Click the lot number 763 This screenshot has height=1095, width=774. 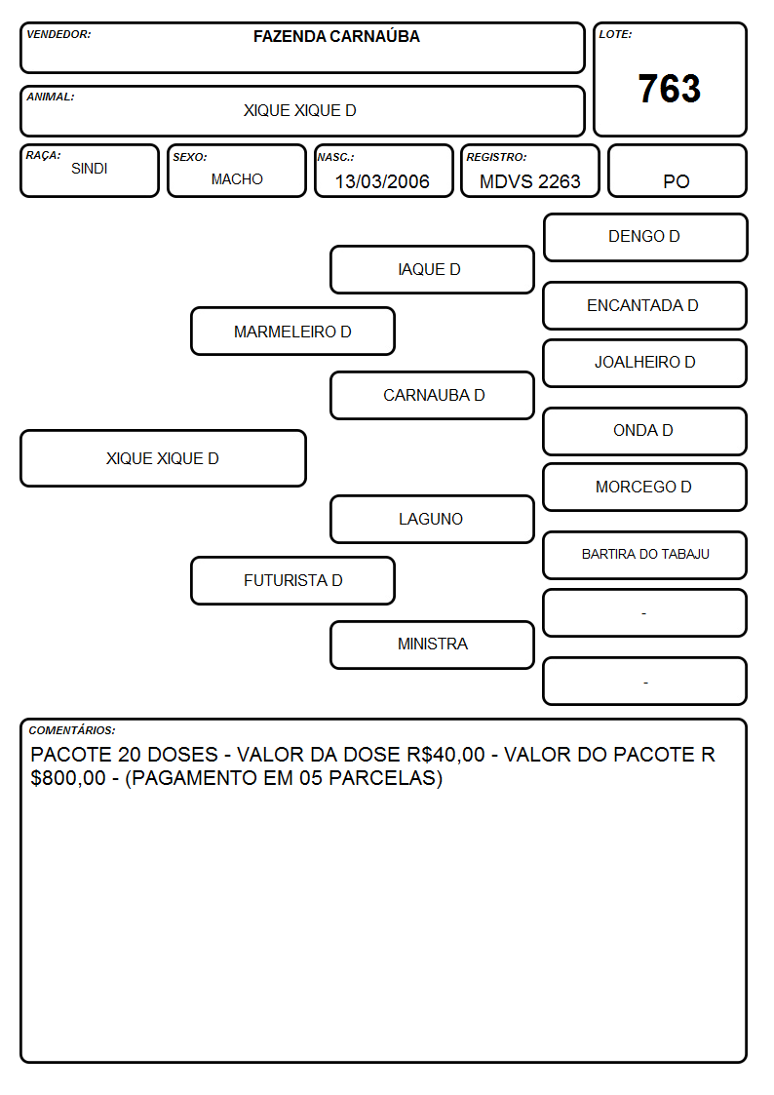click(670, 89)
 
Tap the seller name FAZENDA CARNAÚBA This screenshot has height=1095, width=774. click(336, 36)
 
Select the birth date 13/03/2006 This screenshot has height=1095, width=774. click(382, 181)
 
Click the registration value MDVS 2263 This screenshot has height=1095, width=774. click(529, 181)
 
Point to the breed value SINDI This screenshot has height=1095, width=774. click(90, 169)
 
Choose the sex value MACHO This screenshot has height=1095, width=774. click(237, 179)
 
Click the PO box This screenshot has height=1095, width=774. click(677, 171)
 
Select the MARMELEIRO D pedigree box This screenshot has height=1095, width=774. click(292, 331)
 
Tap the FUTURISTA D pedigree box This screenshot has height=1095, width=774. click(292, 580)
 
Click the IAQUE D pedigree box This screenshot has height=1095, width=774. click(432, 269)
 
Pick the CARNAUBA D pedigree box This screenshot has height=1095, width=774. click(432, 395)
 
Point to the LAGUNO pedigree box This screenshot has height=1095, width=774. click(432, 519)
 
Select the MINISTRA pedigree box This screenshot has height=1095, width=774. click(432, 645)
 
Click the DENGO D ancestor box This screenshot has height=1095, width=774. click(645, 238)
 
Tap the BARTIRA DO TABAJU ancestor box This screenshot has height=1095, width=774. click(645, 555)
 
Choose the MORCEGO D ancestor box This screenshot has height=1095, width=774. click(645, 487)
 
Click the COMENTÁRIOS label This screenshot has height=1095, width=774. click(72, 730)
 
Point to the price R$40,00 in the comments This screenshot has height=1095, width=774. click(445, 754)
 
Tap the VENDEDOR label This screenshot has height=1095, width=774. click(58, 34)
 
